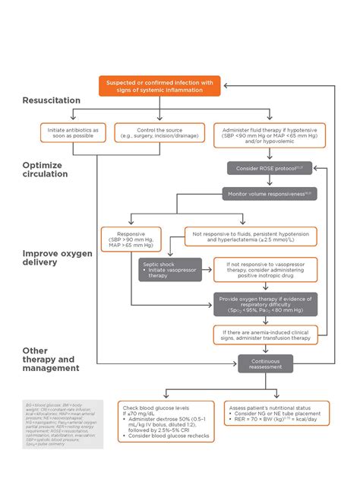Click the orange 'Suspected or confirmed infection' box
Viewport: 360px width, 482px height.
point(160,86)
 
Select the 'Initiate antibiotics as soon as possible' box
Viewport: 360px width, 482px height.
point(73,133)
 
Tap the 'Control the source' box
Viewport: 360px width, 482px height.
point(160,133)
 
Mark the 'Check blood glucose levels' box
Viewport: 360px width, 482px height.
point(164,422)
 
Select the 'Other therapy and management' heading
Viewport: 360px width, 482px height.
point(51,359)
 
